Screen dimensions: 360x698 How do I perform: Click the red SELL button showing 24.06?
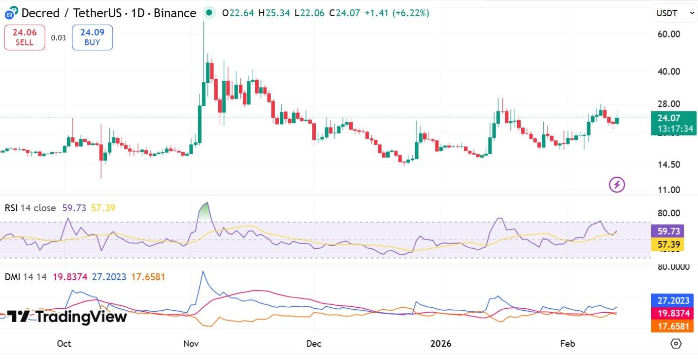(x=25, y=37)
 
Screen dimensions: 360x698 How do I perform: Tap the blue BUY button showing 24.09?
(x=92, y=37)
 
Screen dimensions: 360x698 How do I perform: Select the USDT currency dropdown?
(x=675, y=14)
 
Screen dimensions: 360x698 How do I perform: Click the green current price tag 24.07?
(x=673, y=118)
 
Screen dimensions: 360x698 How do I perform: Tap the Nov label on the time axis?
(x=191, y=343)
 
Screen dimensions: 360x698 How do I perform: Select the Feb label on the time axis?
(x=568, y=343)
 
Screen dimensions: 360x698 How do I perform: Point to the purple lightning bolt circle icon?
(x=617, y=185)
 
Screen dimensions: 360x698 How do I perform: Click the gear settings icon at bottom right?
(x=676, y=343)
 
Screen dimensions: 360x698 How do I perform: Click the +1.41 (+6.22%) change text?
(x=397, y=13)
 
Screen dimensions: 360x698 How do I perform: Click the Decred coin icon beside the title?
(x=11, y=13)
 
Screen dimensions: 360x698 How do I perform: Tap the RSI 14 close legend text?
(x=30, y=208)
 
